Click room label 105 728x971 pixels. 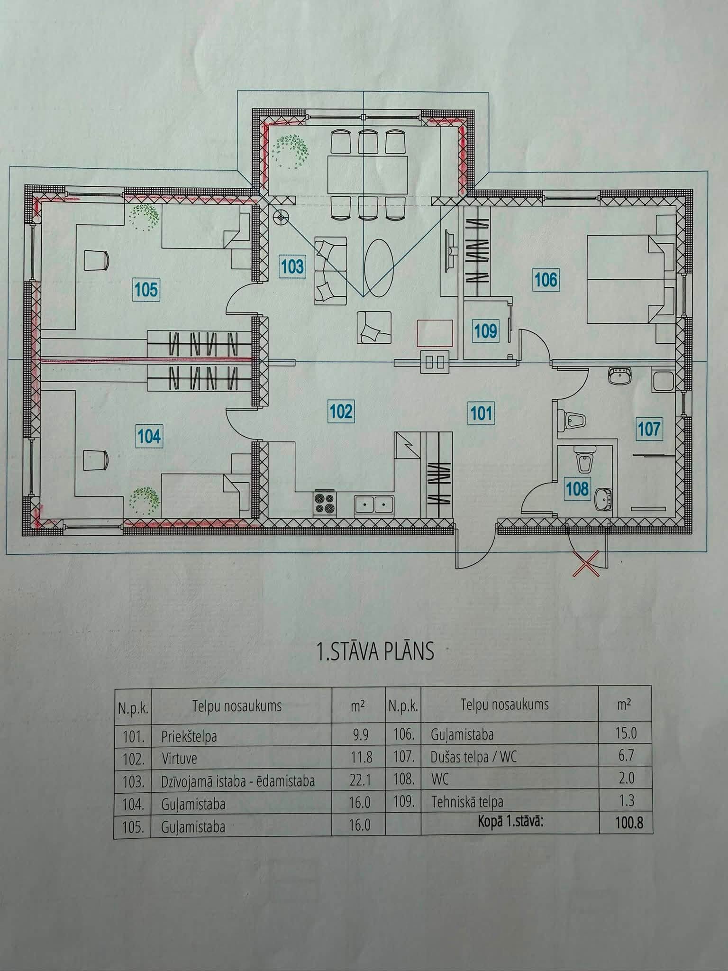point(146,289)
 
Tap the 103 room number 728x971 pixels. point(291,266)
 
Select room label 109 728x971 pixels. point(485,330)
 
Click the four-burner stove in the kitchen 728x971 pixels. point(325,504)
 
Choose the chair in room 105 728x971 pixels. point(97,260)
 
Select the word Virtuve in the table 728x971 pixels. point(179,759)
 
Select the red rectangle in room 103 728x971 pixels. point(435,333)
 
